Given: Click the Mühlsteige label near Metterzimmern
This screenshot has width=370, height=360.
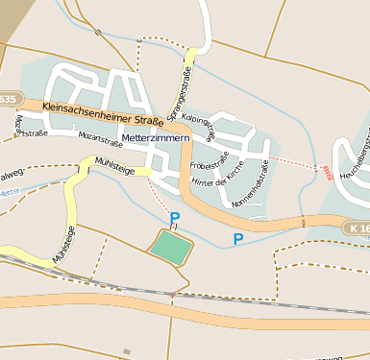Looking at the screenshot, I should pos(115,167).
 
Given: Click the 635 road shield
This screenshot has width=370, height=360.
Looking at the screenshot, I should pos(8,99).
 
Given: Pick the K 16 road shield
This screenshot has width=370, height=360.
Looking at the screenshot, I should pos(355,228).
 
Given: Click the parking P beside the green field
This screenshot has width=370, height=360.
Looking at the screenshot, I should pos(175,219).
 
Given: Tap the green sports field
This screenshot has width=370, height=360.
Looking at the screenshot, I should pos(171,248).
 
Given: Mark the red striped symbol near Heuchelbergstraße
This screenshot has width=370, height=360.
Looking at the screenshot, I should pos(329,173).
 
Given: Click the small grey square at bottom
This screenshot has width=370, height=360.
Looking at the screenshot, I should pos(127,351).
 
